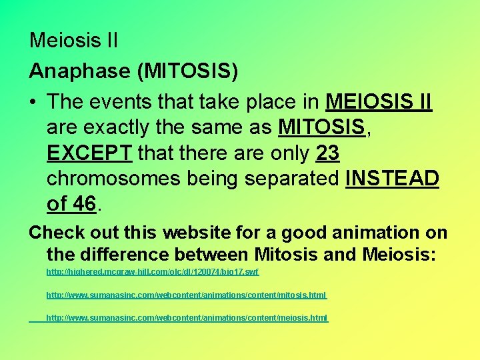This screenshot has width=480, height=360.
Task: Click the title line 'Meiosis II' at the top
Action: pos(73,41)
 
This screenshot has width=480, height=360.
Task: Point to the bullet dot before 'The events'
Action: pos(34,102)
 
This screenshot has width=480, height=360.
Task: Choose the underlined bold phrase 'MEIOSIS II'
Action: pos(379,102)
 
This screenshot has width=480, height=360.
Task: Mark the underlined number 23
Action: pos(327,153)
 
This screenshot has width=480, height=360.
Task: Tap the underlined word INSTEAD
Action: pos(392,179)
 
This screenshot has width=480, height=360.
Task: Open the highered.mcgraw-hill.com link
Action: pos(152,273)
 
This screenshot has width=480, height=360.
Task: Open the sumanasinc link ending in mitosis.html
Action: pos(186,295)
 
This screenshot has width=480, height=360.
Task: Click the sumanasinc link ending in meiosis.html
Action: pos(187,318)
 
